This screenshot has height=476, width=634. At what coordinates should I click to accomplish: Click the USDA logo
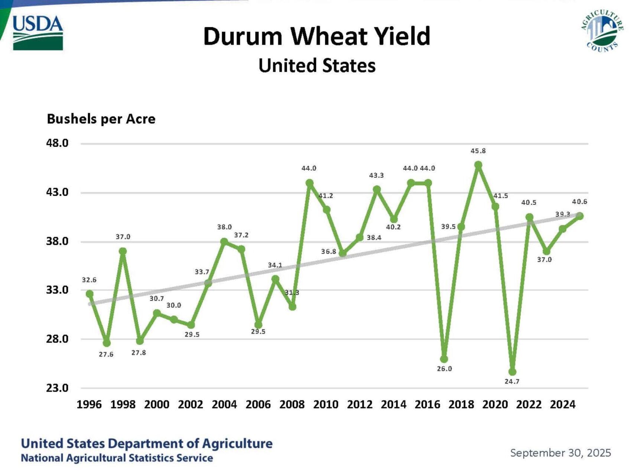38,33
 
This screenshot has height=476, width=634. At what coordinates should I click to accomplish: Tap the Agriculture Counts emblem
602,31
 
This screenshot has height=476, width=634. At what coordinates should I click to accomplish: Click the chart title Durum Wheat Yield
316,36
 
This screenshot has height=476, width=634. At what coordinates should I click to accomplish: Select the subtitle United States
317,65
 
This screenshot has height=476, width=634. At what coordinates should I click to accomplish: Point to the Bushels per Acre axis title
101,119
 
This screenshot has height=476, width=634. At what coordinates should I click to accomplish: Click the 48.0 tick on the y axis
57,143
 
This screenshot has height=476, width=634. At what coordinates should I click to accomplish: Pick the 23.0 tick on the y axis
57,388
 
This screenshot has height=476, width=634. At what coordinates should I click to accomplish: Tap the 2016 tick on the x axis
427,404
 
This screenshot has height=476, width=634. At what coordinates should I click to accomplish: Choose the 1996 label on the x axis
89,404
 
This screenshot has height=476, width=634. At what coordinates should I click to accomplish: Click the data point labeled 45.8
478,165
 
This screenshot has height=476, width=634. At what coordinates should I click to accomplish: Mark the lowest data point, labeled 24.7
513,372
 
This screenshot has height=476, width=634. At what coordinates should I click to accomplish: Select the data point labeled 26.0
444,359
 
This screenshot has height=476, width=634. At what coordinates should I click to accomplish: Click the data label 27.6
106,354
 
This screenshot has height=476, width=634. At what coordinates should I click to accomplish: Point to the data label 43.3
376,175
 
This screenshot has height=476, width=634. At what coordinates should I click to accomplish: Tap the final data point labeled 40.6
580,216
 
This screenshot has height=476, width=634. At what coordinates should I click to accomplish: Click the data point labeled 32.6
90,294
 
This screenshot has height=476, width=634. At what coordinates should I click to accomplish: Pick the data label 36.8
328,252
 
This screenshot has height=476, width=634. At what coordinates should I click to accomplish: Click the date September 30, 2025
560,453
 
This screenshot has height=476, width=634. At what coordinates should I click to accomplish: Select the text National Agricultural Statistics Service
117,458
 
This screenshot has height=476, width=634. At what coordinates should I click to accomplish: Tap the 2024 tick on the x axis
562,404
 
